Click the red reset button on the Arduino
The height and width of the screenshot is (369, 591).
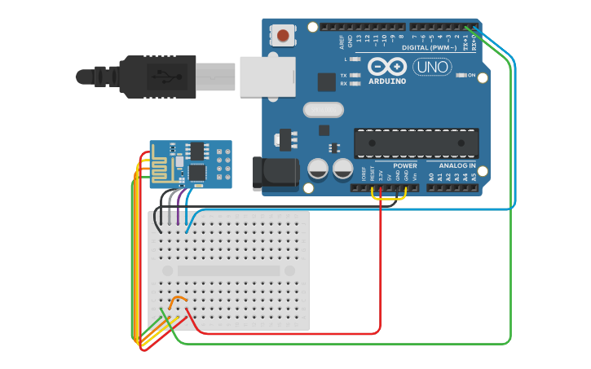(x=283, y=35)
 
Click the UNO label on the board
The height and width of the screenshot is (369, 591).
(x=432, y=67)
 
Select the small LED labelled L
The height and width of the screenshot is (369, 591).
(x=355, y=59)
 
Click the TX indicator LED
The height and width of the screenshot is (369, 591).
(x=355, y=75)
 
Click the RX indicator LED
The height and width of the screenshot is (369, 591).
(x=355, y=83)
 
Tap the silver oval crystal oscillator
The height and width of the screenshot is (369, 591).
(x=324, y=109)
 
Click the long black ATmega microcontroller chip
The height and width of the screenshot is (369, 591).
(x=416, y=143)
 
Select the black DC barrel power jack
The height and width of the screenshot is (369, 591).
(x=276, y=171)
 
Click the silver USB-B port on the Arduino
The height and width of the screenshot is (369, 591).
(x=267, y=76)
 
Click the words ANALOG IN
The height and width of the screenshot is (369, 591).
(x=452, y=165)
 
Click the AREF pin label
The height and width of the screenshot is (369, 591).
(x=342, y=42)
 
